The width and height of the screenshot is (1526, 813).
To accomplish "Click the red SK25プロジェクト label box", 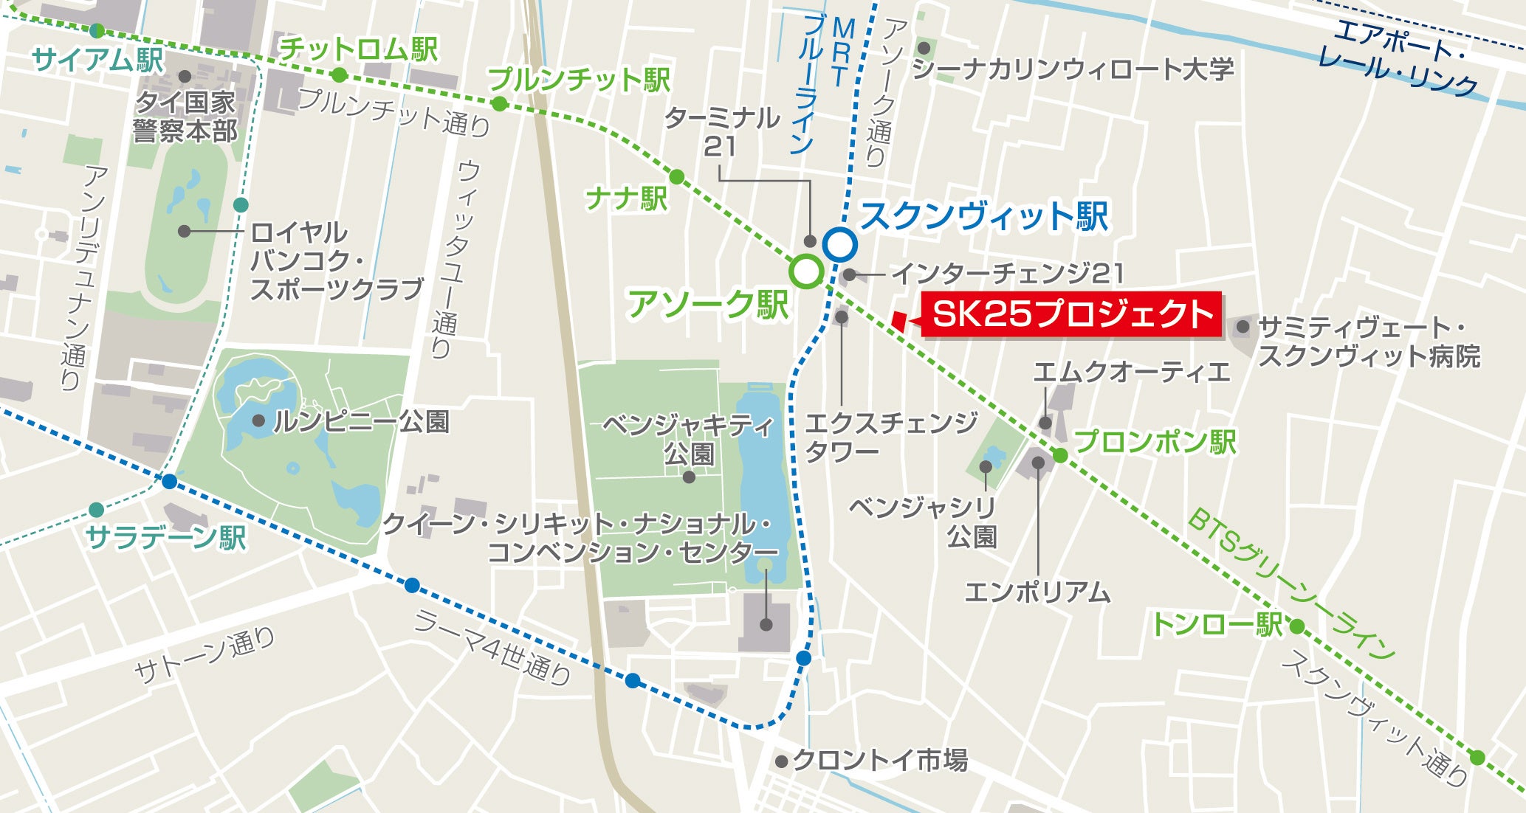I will [1071, 315].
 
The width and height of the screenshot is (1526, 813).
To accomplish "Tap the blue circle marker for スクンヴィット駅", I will [839, 244].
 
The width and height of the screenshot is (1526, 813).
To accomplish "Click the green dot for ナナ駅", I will [676, 176].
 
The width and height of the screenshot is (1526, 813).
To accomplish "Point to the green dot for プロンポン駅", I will [1060, 455].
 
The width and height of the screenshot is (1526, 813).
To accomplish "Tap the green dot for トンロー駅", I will [1297, 626].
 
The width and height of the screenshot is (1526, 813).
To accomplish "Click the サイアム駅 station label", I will [97, 59].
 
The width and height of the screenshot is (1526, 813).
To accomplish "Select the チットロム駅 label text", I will [359, 49].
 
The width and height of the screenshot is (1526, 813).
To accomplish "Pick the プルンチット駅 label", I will [579, 79].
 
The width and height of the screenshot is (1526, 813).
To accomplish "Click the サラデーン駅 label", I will [166, 537].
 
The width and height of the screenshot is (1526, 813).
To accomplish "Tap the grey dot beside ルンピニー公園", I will [258, 421].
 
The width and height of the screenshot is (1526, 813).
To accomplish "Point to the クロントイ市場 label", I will [879, 760].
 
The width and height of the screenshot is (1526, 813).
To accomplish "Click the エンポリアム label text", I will [1037, 591].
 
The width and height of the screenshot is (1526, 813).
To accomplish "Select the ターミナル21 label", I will [722, 131].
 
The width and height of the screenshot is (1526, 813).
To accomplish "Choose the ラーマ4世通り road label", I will [492, 647].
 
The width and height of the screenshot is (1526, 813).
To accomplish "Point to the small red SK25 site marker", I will [898, 319].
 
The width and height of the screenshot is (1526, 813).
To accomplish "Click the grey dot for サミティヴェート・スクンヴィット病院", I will [1243, 326].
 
